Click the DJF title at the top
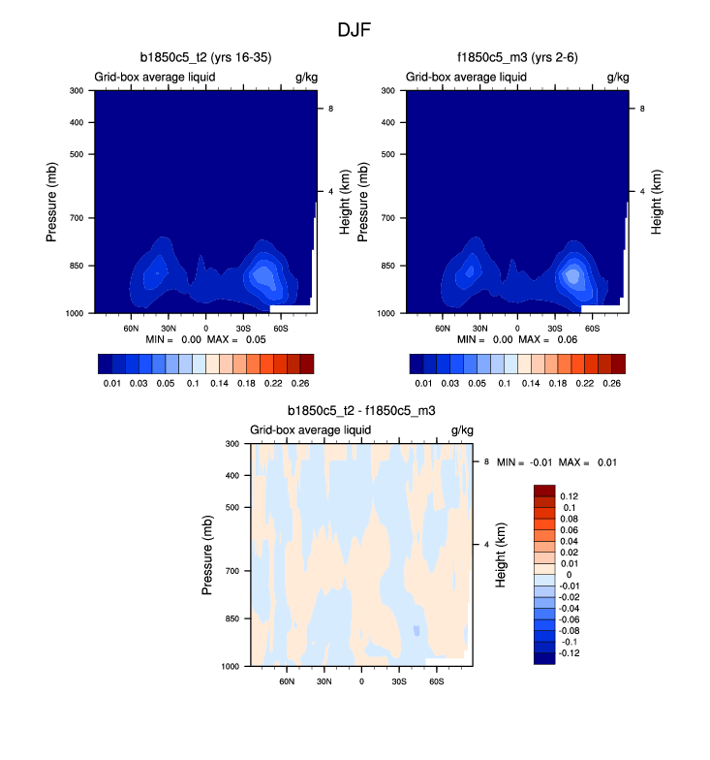(354, 29)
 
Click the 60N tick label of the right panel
(444, 329)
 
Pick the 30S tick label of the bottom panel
(399, 681)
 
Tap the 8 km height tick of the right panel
(643, 110)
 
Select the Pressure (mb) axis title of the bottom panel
(207, 554)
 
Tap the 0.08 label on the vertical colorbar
(571, 520)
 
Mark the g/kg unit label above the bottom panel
(461, 429)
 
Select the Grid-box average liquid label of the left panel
(154, 77)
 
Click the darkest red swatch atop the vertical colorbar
(543, 491)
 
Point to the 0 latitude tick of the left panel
(205, 329)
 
